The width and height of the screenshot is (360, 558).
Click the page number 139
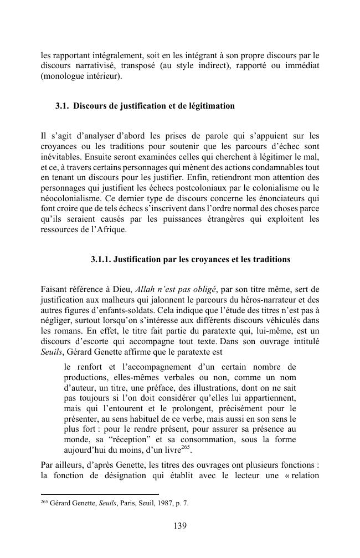click(x=179, y=526)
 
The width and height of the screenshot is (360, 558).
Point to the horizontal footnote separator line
click(x=100, y=494)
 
